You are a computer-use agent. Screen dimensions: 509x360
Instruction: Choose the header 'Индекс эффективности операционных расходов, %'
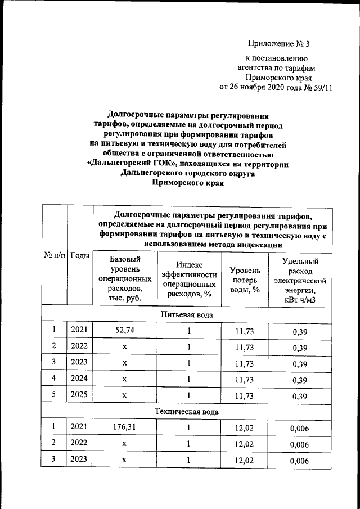(x=188, y=280)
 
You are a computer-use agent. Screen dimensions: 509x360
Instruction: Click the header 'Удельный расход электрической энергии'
(x=300, y=280)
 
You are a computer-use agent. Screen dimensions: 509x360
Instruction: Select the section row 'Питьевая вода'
(x=187, y=314)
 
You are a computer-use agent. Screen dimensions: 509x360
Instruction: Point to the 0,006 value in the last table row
(x=300, y=461)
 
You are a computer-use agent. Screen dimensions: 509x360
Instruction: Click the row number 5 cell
(x=54, y=395)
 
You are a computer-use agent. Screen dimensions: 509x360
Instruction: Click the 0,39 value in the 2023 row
(x=300, y=363)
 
